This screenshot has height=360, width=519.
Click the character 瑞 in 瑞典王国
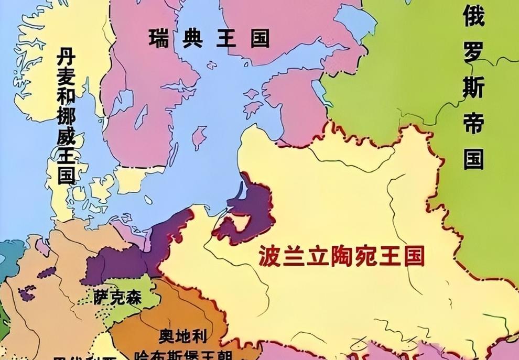tap(159, 38)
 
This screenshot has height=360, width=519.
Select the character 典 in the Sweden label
tap(192, 38)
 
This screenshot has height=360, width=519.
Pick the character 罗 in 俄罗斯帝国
tap(474, 51)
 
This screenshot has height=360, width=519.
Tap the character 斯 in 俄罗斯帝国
tap(474, 87)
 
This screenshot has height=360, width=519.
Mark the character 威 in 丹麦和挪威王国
tap(67, 149)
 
